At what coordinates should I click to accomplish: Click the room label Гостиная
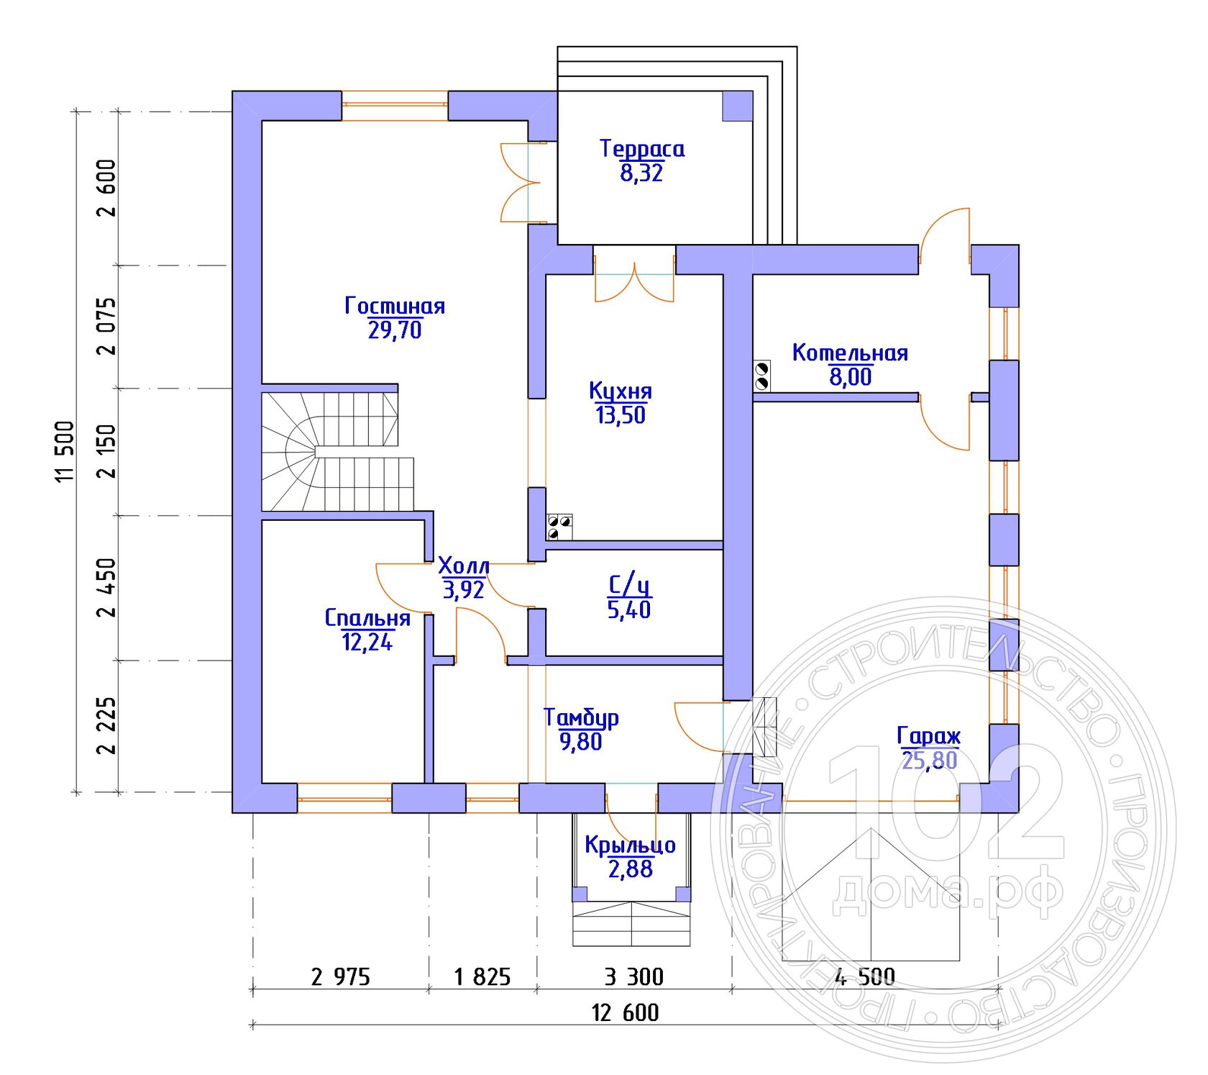tap(395, 306)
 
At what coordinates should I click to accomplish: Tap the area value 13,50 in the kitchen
tap(621, 415)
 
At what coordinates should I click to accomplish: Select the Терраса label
tap(642, 149)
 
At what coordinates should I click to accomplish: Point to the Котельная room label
tap(850, 353)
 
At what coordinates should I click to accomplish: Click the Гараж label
tap(929, 736)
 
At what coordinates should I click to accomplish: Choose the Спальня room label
tap(367, 618)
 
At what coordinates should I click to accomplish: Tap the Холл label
tap(464, 566)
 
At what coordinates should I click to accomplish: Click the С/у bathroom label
tap(629, 585)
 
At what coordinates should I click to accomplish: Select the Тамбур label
tap(581, 717)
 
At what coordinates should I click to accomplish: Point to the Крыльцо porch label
tap(631, 845)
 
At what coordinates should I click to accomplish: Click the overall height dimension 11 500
tap(65, 451)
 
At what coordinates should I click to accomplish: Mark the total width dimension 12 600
tap(625, 1012)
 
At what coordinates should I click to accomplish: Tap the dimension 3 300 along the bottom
tap(634, 976)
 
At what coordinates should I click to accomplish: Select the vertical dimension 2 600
tap(106, 188)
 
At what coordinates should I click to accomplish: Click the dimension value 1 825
tap(482, 976)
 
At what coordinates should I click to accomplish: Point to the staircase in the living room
tap(338, 451)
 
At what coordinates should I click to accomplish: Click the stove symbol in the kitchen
tap(560, 527)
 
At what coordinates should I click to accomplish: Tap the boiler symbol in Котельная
tap(762, 376)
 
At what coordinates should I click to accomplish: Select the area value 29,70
tap(395, 330)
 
